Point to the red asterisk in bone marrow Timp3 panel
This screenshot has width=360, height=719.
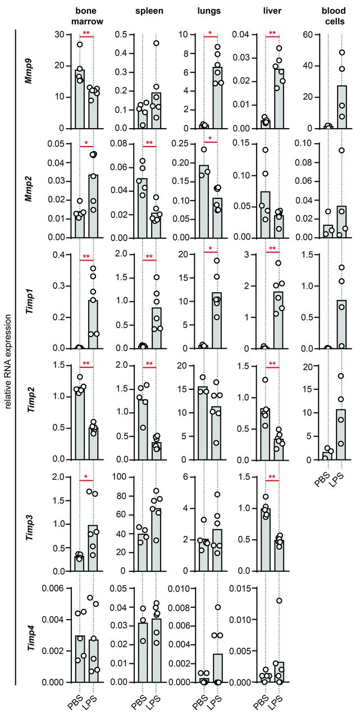click(x=86, y=477)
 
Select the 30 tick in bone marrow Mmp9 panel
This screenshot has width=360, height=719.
click(x=60, y=34)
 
